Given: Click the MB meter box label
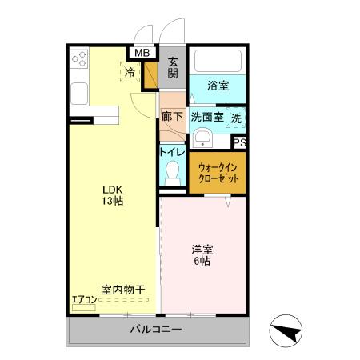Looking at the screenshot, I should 142,54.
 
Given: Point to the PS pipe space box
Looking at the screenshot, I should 238,142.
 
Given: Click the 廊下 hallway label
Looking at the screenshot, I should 172,117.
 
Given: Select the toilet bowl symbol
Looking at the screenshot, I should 172,171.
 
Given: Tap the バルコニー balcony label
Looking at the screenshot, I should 156,330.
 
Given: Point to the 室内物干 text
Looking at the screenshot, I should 122,289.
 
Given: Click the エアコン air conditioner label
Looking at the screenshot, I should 84,300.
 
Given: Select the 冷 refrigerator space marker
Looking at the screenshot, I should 130,72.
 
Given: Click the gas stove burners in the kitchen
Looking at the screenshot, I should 79,58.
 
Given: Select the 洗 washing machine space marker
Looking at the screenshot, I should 236,117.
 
